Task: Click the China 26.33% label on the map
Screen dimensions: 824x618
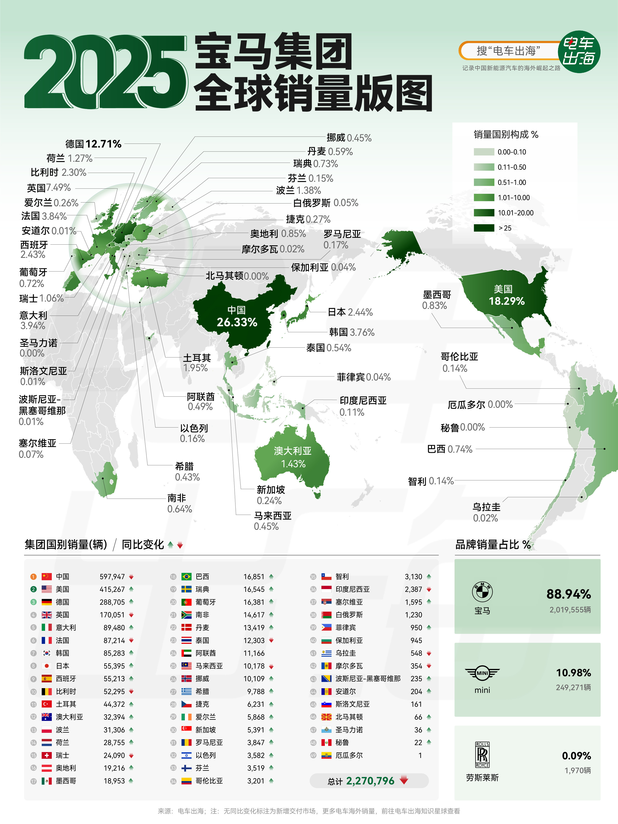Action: click(237, 317)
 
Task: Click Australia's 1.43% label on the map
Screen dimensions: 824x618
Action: click(293, 457)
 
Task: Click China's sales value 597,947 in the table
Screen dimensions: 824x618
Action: click(112, 577)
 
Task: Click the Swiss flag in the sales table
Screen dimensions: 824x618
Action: click(47, 755)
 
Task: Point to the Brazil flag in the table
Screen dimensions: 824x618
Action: click(186, 577)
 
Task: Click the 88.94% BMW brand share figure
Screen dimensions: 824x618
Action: click(568, 594)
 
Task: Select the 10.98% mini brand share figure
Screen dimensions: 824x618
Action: click(573, 673)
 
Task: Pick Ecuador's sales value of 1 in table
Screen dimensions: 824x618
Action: click(420, 755)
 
